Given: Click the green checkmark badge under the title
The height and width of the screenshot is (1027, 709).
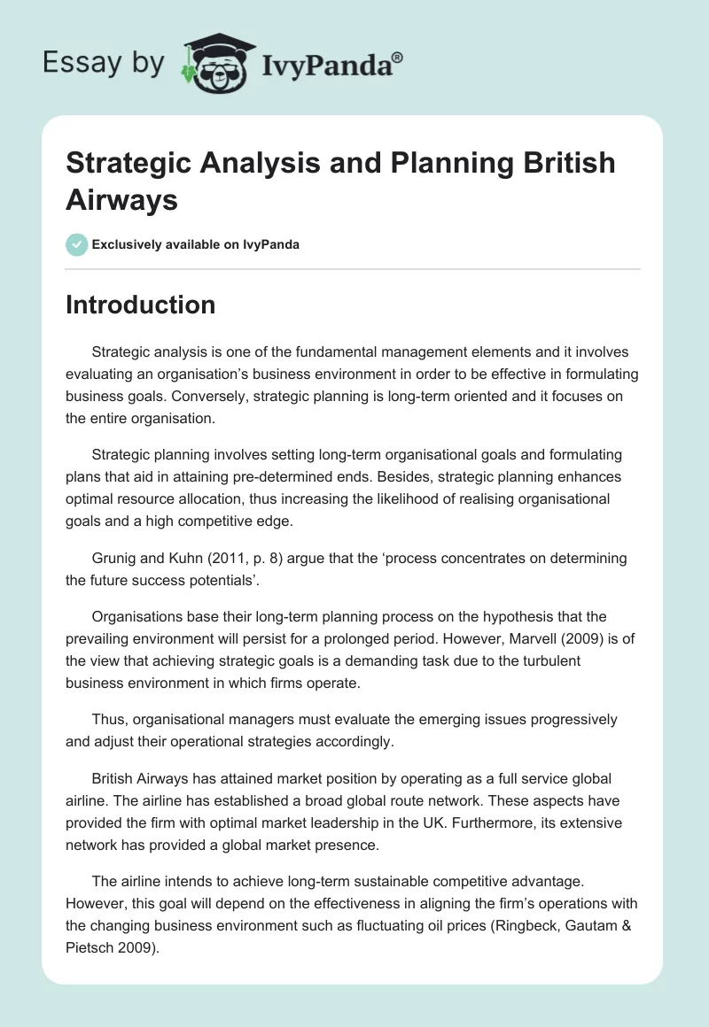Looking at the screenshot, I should click(77, 244).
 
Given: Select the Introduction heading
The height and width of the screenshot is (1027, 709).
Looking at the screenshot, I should click(141, 305).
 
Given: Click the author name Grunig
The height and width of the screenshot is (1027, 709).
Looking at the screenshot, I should click(114, 559).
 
